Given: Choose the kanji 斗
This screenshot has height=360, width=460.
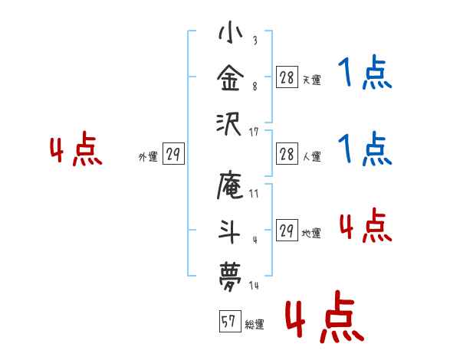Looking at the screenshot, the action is (230, 231).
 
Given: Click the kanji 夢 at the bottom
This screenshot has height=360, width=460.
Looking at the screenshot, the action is (230, 273).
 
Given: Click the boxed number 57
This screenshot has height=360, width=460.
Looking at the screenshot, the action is (228, 323).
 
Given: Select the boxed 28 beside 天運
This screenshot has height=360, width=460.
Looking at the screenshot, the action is (286, 77).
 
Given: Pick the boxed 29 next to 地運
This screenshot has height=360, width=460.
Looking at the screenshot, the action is (286, 231).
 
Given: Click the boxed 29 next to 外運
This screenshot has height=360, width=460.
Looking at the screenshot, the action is (173, 154).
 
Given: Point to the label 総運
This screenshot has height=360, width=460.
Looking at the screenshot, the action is (254, 325).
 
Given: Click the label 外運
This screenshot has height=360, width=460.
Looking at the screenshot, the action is (147, 155).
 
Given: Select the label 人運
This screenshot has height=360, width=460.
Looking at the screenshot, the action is (311, 156).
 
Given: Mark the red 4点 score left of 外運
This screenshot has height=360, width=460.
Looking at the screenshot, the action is (75, 152).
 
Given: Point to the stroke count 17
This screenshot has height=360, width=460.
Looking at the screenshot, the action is (255, 133).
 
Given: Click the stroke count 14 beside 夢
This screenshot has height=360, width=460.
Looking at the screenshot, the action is (255, 286).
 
